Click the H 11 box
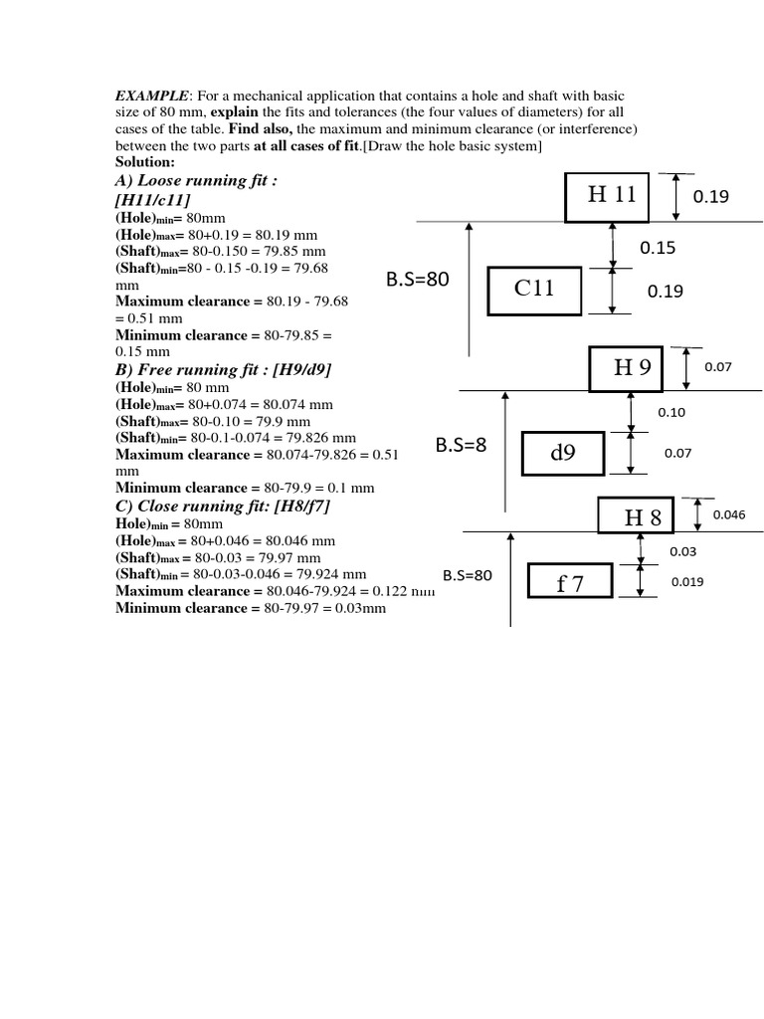point(607,196)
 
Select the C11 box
point(534,290)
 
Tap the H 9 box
point(632,367)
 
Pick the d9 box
point(563,454)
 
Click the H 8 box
point(636,517)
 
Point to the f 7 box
point(570,584)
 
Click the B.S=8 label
point(462,445)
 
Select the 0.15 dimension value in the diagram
point(658,248)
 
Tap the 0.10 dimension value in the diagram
point(671,412)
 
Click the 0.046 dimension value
point(729,514)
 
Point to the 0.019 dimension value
point(687,582)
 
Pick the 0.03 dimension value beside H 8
point(682,551)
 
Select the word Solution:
point(145,161)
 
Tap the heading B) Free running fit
point(224,369)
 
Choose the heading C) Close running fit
point(223,507)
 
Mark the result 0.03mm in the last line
point(360,607)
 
